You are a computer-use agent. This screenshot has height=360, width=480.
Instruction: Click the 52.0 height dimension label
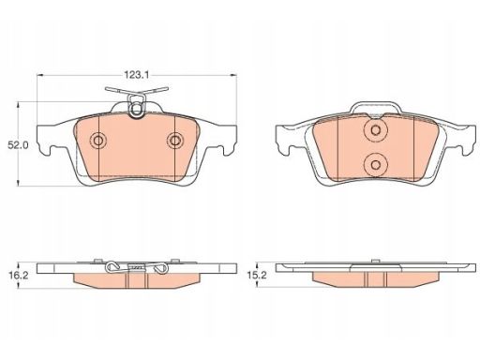pyautogui.click(x=18, y=145)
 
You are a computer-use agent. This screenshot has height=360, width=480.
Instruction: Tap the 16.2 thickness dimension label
pyautogui.click(x=18, y=276)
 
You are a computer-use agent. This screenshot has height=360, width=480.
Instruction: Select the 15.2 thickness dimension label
pyautogui.click(x=257, y=276)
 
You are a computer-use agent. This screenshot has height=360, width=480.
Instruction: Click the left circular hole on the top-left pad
pyautogui.click(x=98, y=141)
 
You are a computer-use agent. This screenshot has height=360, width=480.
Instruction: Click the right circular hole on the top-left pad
pyautogui.click(x=174, y=141)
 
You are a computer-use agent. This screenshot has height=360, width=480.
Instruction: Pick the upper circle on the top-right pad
pyautogui.click(x=376, y=130)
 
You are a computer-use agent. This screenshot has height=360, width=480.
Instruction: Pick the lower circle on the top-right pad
pyautogui.click(x=376, y=164)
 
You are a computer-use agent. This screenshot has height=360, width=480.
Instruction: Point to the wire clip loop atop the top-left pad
pyautogui.click(x=136, y=106)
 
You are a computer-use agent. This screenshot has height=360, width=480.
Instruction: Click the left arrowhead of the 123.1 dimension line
pyautogui.click(x=40, y=75)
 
